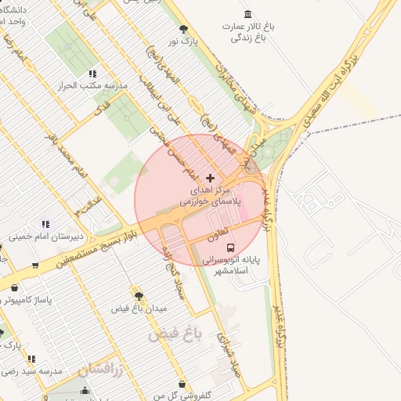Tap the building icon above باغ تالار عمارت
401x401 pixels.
[248, 14]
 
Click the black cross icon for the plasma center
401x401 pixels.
[210, 179]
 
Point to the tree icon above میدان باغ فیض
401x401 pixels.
[139, 296]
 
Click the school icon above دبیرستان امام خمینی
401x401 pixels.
[45, 224]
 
